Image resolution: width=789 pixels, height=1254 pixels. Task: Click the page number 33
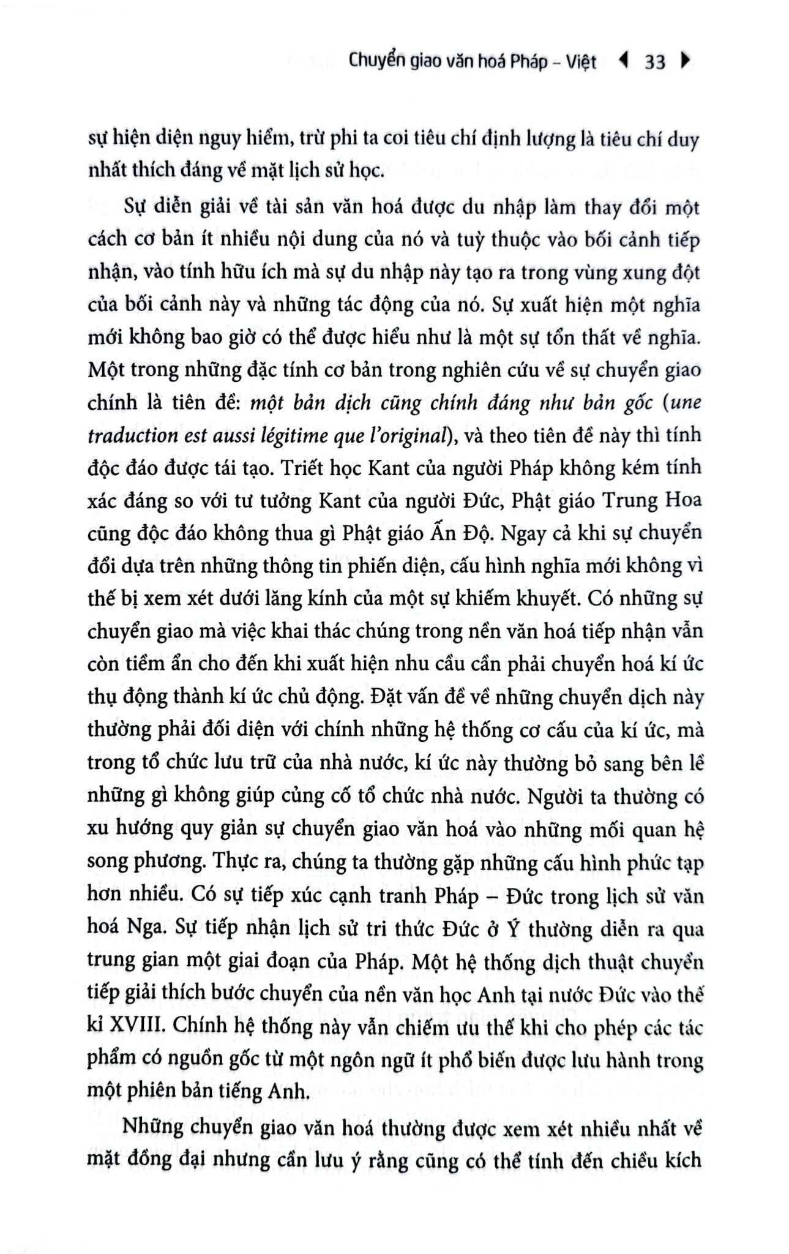pos(654,62)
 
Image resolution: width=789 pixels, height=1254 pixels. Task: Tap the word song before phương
pos(108,862)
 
